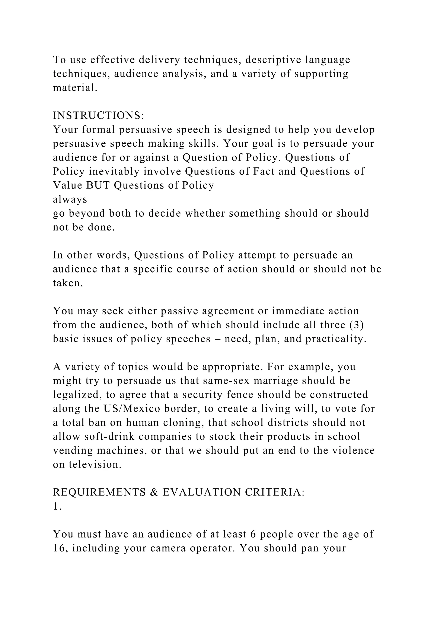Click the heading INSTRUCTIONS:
pyautogui.click(x=99, y=116)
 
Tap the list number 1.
pyautogui.click(x=57, y=506)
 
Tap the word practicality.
pyautogui.click(x=336, y=339)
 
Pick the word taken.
pyautogui.click(x=68, y=283)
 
